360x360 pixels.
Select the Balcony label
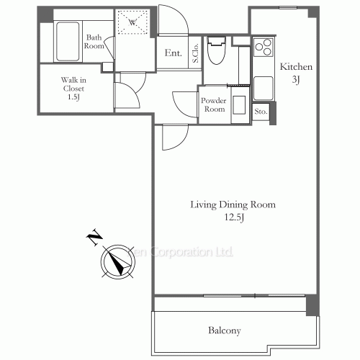pos(224,331)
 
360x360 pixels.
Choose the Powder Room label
pos(214,104)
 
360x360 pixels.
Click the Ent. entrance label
pos(173,53)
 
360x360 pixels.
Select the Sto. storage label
pos(261,112)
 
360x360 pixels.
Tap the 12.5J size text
pos(232,218)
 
